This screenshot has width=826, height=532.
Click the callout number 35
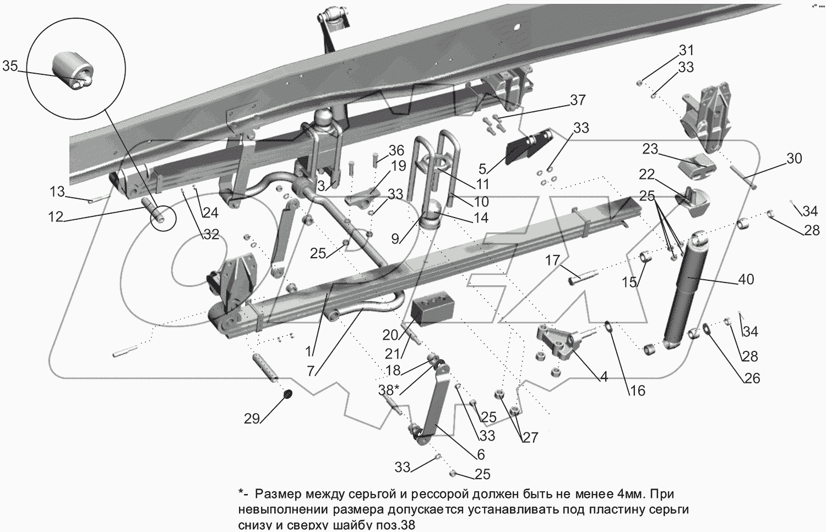click(x=10, y=67)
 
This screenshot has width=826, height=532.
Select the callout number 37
click(x=578, y=100)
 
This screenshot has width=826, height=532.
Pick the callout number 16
click(x=637, y=390)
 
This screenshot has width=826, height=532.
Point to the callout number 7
click(x=311, y=371)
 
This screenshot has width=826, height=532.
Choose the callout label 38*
click(x=389, y=389)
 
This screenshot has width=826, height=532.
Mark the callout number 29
click(x=252, y=419)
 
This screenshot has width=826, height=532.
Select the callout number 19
click(x=399, y=166)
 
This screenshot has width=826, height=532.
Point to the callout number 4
click(x=604, y=377)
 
